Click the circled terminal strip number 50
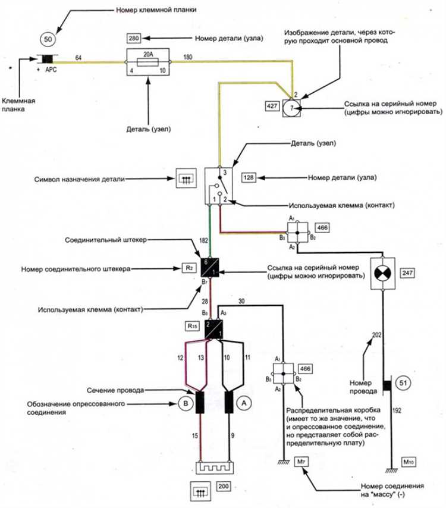48,39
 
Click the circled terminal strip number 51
403,383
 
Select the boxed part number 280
133,38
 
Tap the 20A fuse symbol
148,62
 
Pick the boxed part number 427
272,106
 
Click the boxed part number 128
249,177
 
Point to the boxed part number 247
407,273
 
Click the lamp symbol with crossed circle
382,274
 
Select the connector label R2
189,268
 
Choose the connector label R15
193,326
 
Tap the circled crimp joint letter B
186,403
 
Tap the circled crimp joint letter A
244,403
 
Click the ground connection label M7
301,462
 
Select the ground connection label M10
409,462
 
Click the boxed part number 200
224,486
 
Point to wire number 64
78,58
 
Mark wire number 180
188,57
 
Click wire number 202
377,335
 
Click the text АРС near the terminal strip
51,70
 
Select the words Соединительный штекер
106,240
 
